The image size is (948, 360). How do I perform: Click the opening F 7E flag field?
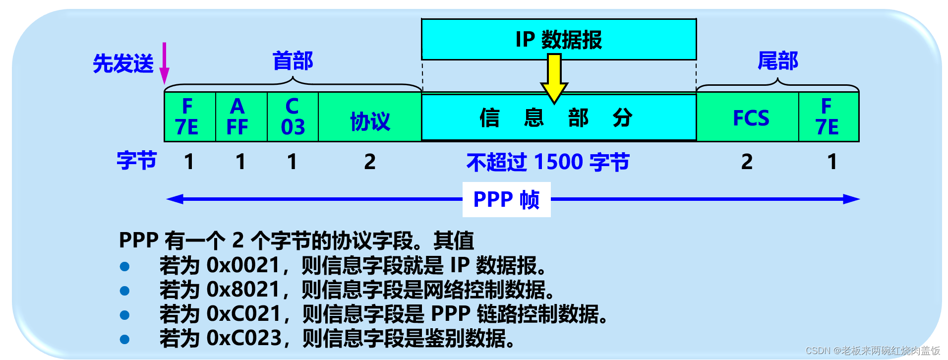tap(189, 117)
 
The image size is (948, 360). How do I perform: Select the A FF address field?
tap(241, 117)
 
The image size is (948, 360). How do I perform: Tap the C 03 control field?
tap(293, 117)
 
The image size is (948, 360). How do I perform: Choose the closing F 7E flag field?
tap(829, 117)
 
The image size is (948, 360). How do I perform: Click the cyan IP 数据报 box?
tap(559, 40)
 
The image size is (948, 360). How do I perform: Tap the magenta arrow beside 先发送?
tap(164, 63)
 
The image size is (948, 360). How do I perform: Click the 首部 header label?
tap(293, 61)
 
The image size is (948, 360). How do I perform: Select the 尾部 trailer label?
tap(778, 61)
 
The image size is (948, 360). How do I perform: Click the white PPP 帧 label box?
tap(506, 199)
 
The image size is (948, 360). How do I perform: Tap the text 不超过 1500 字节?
tap(548, 162)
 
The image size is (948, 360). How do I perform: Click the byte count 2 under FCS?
tap(747, 162)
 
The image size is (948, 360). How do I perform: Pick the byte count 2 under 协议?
tap(369, 162)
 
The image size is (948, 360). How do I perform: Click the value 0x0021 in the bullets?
tap(243, 266)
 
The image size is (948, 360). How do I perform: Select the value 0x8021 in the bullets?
tap(243, 290)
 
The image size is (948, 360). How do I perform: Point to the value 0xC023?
tap(244, 339)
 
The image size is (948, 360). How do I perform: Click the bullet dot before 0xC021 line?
tap(125, 315)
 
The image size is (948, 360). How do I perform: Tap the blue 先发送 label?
tap(123, 64)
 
